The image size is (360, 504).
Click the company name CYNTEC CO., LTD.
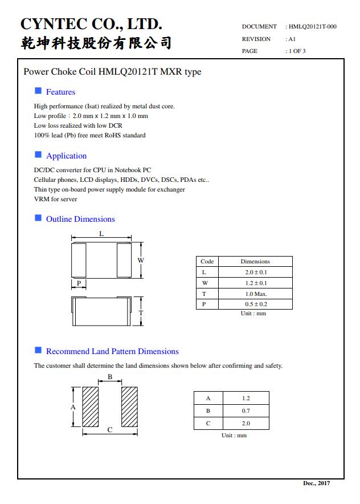(91, 24)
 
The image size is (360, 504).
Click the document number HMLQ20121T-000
(312, 26)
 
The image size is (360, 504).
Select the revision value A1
(292, 39)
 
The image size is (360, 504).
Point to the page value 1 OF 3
(297, 51)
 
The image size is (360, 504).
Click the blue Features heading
(60, 92)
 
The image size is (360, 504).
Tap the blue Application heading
(66, 156)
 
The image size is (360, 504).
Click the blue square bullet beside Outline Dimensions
(38, 218)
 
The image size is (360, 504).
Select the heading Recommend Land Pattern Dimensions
(112, 351)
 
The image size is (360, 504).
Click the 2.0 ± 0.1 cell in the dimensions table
(256, 273)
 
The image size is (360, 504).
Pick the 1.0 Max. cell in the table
(256, 294)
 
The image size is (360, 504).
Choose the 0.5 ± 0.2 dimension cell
(256, 304)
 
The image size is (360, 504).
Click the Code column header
(207, 262)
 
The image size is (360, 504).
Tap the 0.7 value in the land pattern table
(246, 410)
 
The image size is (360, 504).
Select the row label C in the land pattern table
(208, 423)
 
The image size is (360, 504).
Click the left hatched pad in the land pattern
(91, 407)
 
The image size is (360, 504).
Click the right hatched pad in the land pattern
(129, 407)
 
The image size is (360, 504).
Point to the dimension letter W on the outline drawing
(141, 261)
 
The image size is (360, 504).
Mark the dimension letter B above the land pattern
(110, 377)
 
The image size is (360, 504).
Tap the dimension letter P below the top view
(79, 283)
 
